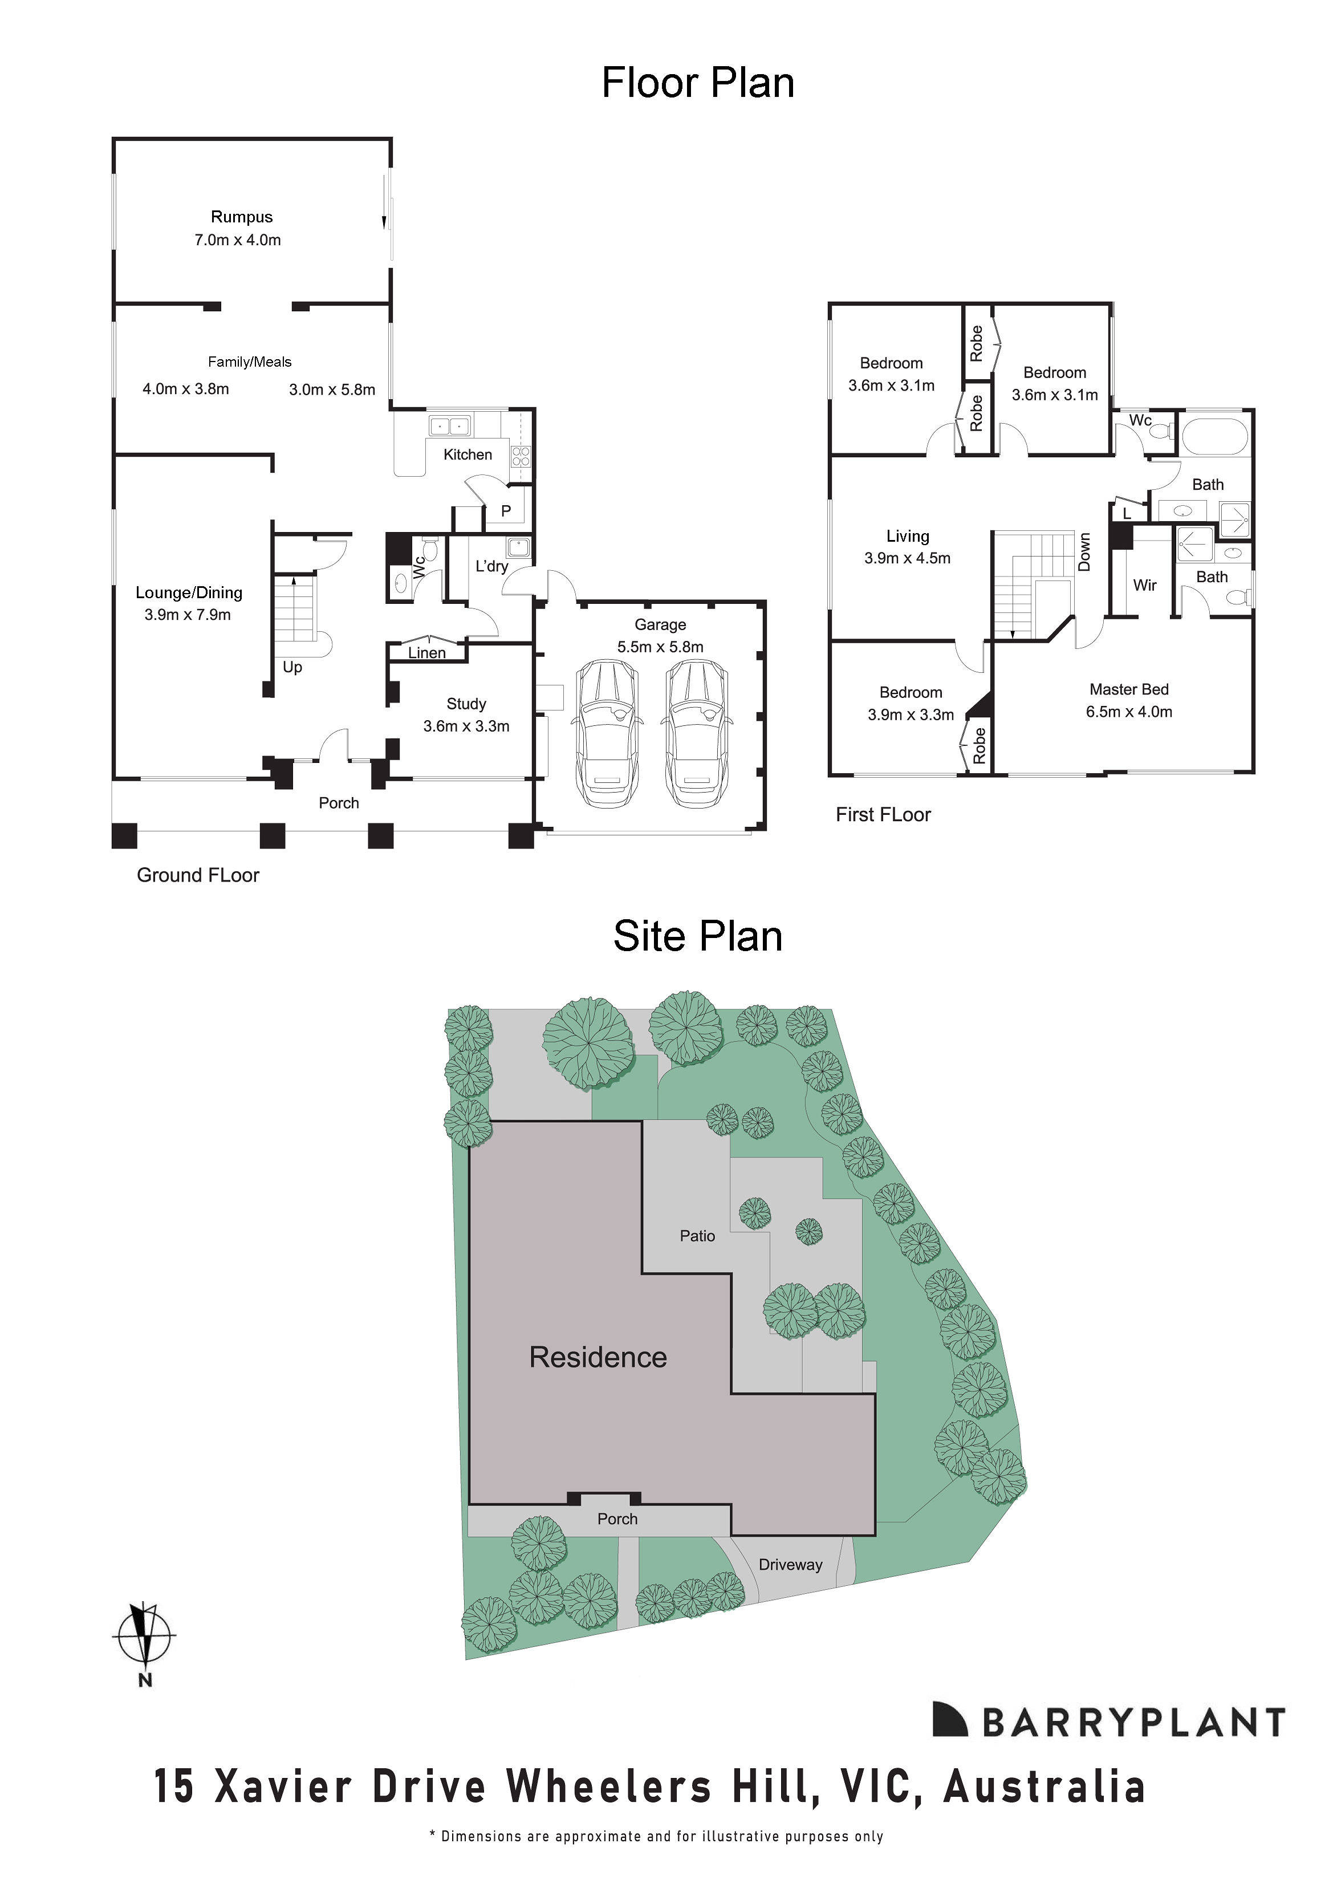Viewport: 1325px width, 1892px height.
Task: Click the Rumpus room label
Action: pyautogui.click(x=241, y=217)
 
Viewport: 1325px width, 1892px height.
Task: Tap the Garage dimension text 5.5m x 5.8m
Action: pyautogui.click(x=660, y=647)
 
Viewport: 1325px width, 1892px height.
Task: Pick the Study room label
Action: pyautogui.click(x=466, y=704)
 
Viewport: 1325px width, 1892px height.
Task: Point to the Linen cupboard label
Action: pyautogui.click(x=427, y=653)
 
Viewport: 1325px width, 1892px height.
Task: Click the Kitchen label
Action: pyautogui.click(x=467, y=454)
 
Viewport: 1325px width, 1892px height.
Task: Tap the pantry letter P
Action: pyautogui.click(x=506, y=511)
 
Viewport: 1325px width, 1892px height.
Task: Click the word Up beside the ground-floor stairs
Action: pyautogui.click(x=292, y=667)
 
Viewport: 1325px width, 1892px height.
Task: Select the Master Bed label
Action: pyautogui.click(x=1129, y=689)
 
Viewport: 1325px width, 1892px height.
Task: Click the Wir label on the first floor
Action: pyautogui.click(x=1144, y=585)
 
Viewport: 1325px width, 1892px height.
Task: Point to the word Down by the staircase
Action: pyautogui.click(x=1084, y=552)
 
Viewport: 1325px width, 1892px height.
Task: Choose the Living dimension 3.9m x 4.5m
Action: pyautogui.click(x=907, y=558)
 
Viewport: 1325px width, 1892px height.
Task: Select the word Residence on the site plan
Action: pyautogui.click(x=598, y=1357)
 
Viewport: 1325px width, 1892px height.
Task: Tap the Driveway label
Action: pyautogui.click(x=790, y=1565)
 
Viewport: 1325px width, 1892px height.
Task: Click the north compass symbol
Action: pyautogui.click(x=145, y=1635)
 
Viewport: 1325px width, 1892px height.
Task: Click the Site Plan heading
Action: pyautogui.click(x=697, y=937)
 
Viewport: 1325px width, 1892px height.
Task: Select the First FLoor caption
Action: pyautogui.click(x=883, y=814)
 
